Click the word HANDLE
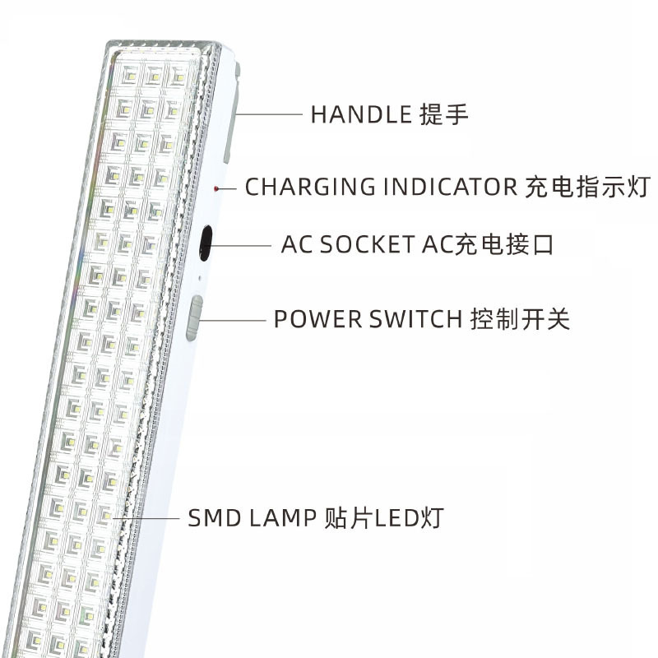click(360, 115)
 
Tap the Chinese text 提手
click(444, 115)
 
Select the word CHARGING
click(299, 187)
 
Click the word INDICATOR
click(438, 187)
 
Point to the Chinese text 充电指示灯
click(586, 187)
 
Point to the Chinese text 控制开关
click(520, 319)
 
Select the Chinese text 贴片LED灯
click(384, 518)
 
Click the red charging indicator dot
click(217, 189)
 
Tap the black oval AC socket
click(205, 243)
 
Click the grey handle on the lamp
click(230, 115)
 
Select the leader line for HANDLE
click(267, 115)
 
